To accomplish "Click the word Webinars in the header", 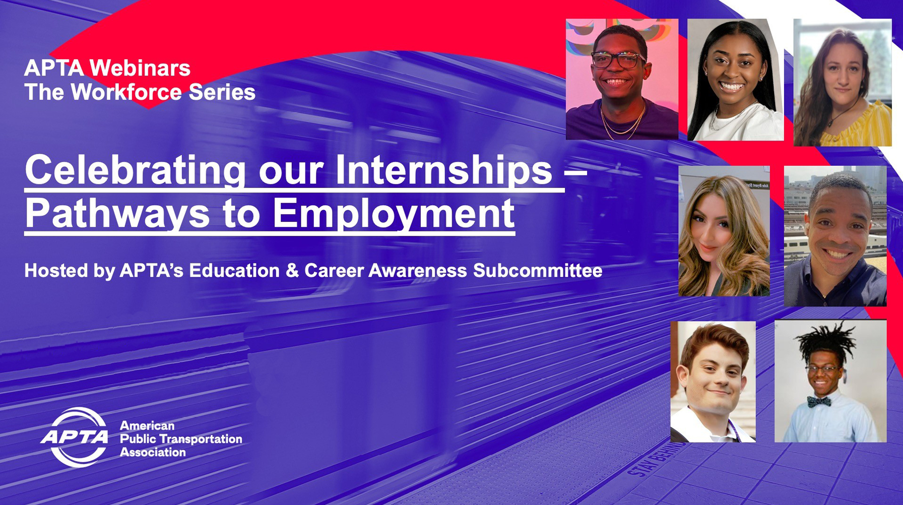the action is [x=140, y=68].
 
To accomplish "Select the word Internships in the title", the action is [x=444, y=170].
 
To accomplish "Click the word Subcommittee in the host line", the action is [x=538, y=271].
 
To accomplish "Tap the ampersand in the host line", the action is [x=292, y=271].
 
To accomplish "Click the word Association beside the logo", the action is [x=153, y=452].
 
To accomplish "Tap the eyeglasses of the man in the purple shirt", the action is [x=618, y=60].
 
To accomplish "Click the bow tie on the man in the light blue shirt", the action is [x=819, y=402].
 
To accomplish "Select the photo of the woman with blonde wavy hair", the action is [x=724, y=231].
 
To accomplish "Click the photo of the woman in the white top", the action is [x=736, y=80].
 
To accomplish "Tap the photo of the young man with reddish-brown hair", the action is [x=713, y=382].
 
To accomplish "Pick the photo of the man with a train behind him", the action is [x=835, y=236].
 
